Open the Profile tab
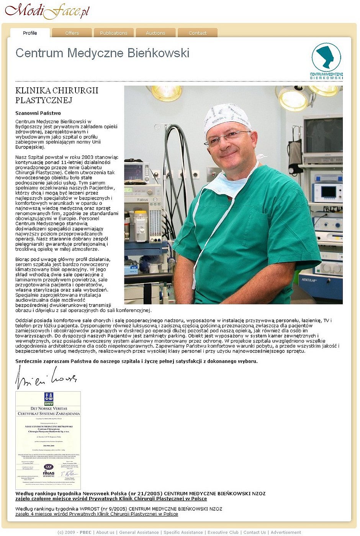click(30, 33)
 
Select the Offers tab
click(72, 33)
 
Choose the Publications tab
click(114, 33)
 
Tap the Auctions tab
click(155, 33)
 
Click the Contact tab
click(198, 33)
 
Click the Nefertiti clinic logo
click(326, 61)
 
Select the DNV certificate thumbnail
click(48, 440)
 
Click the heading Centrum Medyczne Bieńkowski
click(102, 53)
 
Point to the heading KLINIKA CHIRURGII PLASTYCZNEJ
click(57, 95)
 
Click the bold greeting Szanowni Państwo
click(38, 113)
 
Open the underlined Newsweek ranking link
click(111, 498)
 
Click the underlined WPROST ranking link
click(97, 514)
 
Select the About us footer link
click(105, 532)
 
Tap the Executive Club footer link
click(223, 532)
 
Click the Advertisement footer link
click(286, 532)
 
